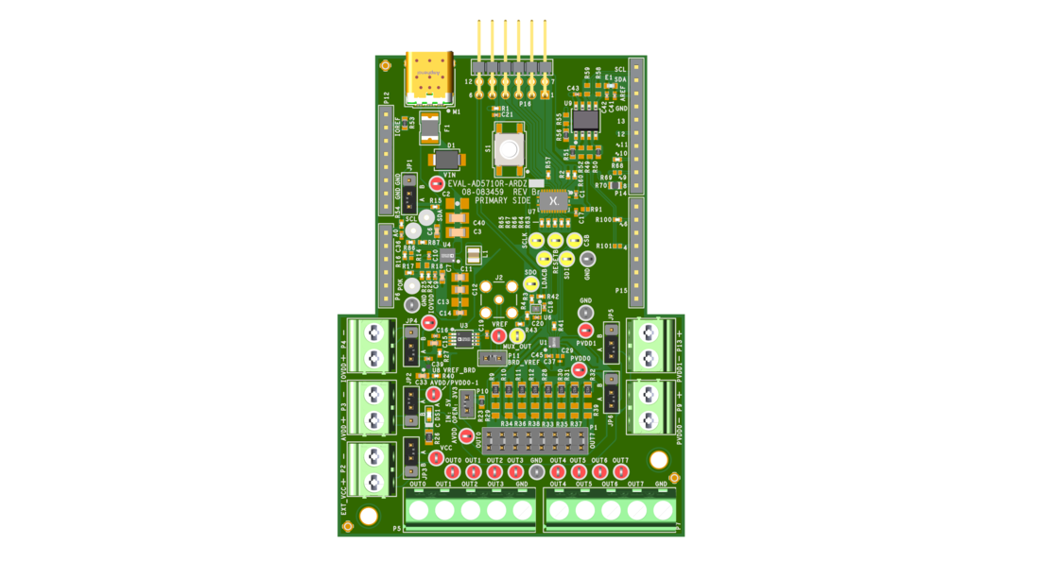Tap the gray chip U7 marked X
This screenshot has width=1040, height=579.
pos(552,200)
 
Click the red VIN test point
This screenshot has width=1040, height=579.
pos(436,184)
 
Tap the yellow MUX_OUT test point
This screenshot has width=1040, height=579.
pos(517,335)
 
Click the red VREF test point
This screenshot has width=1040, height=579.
pos(497,334)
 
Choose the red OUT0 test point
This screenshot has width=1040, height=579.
pos(452,471)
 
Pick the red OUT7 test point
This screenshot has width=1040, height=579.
pos(620,471)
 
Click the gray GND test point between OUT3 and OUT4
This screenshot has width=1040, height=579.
pos(536,471)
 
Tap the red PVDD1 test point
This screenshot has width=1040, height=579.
pos(585,330)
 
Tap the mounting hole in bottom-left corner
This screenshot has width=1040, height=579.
pos(358,516)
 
